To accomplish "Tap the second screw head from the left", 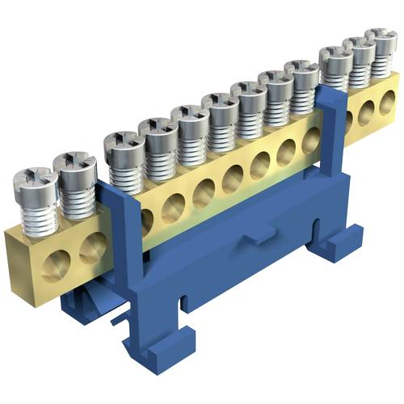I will (x=74, y=166).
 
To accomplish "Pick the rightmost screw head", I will (x=380, y=40).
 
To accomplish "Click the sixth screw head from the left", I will (x=220, y=103).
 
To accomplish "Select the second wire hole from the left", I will (x=91, y=242).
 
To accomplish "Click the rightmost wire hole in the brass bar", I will (x=389, y=100).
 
